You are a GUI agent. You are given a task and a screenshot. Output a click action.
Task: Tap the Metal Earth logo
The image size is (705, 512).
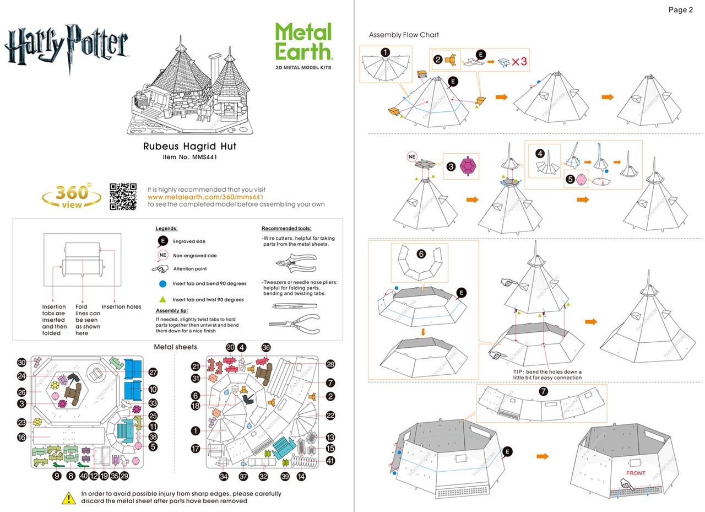(x=304, y=42)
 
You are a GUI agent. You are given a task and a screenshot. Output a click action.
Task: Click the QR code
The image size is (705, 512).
(x=123, y=196)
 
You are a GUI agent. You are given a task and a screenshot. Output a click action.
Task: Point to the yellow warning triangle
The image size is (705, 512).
(x=68, y=498)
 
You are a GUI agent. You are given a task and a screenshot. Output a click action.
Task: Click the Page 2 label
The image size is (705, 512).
(x=680, y=9)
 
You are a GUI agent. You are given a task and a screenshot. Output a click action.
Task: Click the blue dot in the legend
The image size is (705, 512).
(x=162, y=283)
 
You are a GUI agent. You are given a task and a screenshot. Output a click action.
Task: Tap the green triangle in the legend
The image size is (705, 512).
(x=162, y=299)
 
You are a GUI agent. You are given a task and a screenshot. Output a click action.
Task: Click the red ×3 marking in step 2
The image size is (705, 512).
(x=519, y=62)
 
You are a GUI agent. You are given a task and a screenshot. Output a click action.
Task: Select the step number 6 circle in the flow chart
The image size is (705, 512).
(x=421, y=254)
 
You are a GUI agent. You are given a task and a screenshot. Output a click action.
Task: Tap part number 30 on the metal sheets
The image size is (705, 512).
(x=21, y=363)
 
